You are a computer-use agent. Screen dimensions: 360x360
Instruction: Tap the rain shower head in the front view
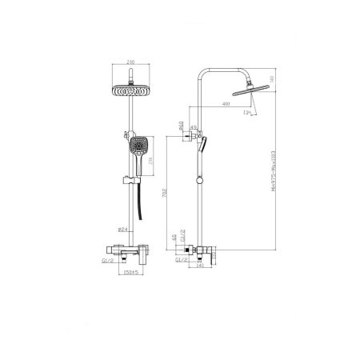(130, 90)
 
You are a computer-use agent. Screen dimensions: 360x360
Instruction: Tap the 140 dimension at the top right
(271, 79)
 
